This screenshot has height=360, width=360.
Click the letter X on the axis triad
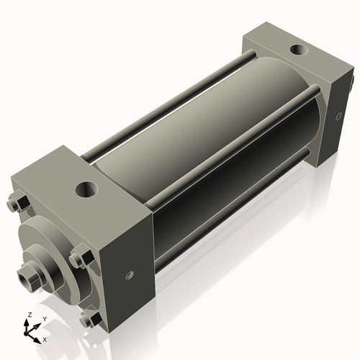(45, 338)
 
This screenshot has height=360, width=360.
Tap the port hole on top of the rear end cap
(295, 51)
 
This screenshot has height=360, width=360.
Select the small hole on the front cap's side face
(130, 274)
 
